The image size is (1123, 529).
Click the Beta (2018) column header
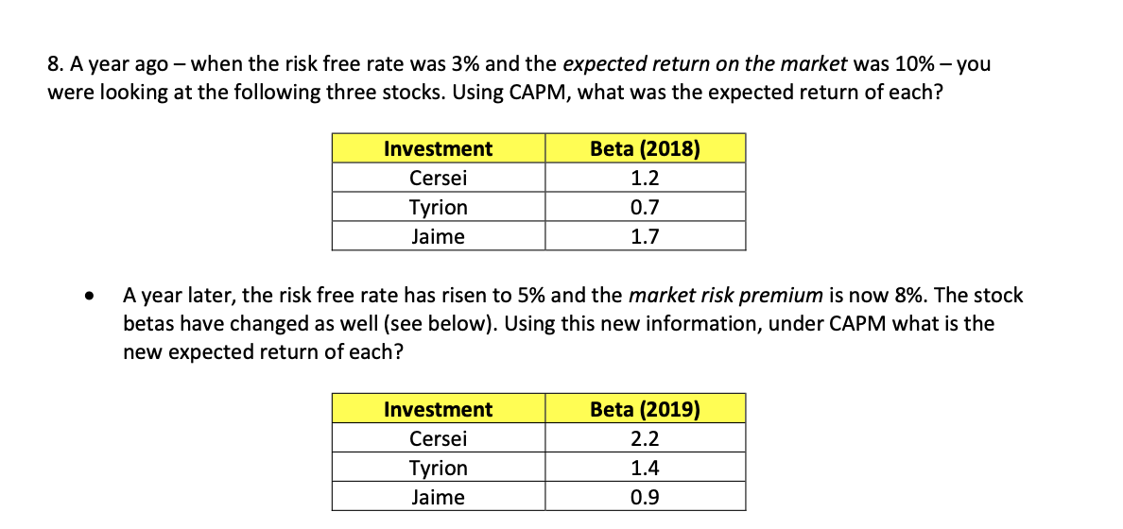(645, 149)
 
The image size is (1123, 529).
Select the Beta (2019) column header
(645, 410)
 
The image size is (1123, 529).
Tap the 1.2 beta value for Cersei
(645, 179)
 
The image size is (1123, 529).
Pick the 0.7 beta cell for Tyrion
(645, 208)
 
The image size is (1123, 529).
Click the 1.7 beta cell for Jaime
(645, 237)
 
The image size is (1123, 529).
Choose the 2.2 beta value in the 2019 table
(645, 439)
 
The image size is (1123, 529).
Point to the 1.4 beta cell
(645, 469)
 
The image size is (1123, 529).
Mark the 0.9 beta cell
(645, 498)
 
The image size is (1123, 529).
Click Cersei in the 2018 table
(438, 179)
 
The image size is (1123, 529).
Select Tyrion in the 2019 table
(438, 469)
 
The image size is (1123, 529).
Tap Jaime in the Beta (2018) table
(438, 237)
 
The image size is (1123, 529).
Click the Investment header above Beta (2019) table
(438, 410)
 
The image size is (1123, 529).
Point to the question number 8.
(53, 65)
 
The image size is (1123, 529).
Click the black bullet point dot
(89, 298)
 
